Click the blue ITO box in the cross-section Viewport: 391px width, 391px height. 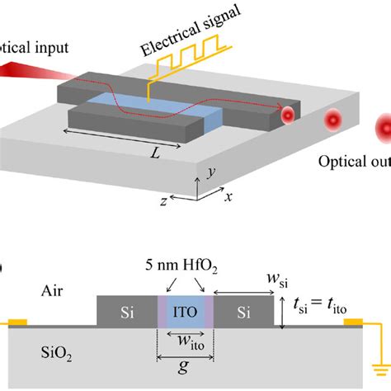coord(186,311)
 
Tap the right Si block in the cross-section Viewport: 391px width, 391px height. coord(244,311)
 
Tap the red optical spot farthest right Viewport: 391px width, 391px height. coord(384,129)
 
